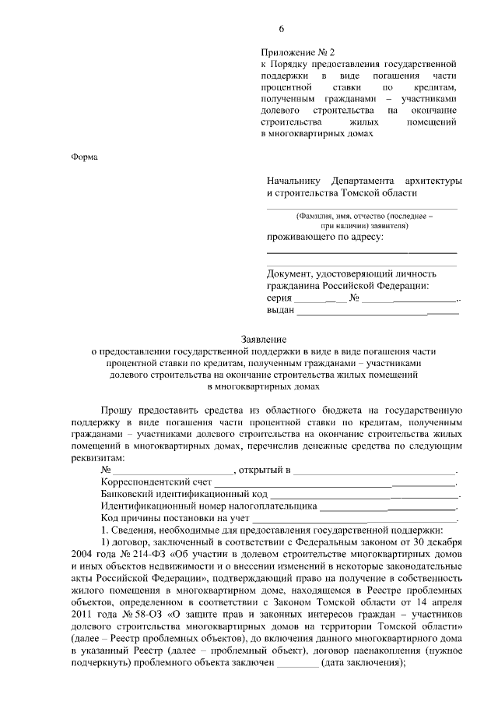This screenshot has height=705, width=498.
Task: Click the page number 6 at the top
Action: click(282, 29)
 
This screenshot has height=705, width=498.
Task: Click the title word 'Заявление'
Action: click(265, 340)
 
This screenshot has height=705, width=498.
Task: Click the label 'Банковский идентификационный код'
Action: click(184, 495)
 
